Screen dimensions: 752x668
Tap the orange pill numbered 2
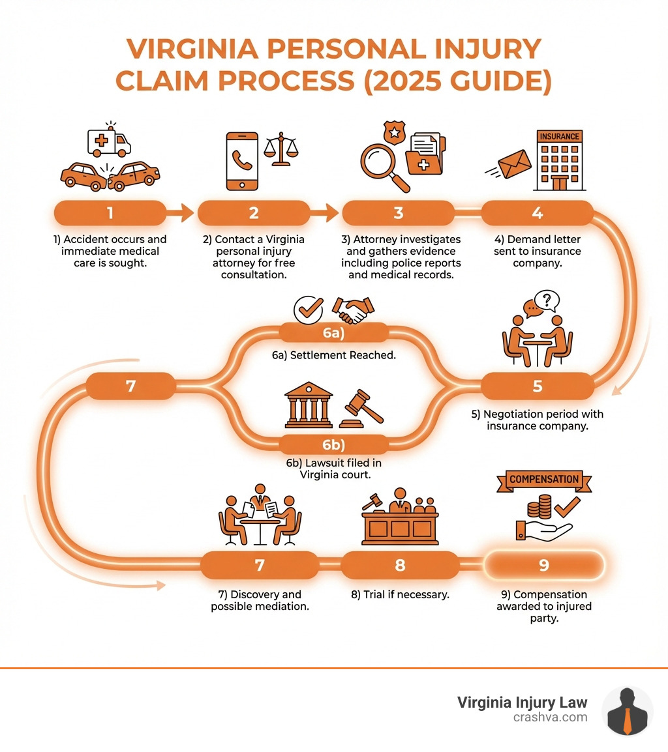253,213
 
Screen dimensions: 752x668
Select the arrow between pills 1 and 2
182,213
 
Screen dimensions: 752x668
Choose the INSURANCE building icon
558,160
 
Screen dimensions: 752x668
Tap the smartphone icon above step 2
240,161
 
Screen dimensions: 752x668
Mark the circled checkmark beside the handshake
309,309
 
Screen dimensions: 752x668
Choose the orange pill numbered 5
538,386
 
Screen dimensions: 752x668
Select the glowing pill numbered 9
543,565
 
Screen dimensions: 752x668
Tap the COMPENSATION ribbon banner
544,479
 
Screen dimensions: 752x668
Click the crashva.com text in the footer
551,717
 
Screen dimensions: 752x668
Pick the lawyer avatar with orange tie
627,711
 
